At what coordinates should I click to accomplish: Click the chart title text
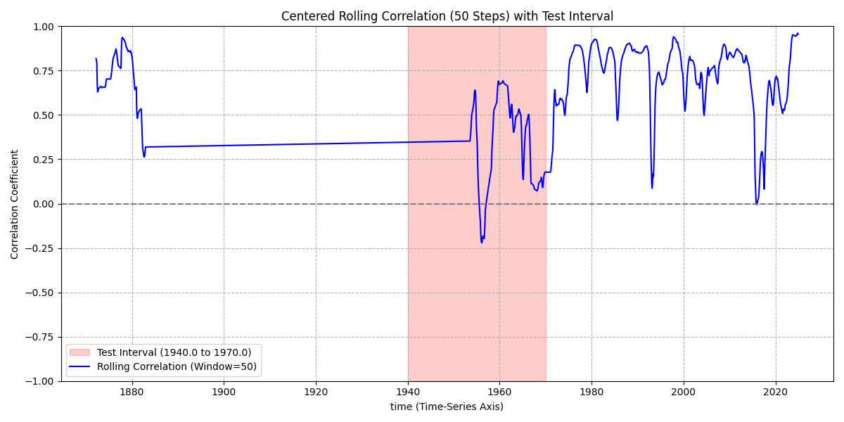pos(447,16)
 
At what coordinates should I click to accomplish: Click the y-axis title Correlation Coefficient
pos(15,204)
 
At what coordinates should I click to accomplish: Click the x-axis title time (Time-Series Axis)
pos(447,407)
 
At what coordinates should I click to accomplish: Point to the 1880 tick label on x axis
pos(132,391)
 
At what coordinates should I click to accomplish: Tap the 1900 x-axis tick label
pos(224,391)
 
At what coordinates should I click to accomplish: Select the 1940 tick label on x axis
pos(408,391)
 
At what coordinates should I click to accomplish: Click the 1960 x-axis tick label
pos(499,391)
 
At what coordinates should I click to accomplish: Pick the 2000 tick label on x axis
pos(684,391)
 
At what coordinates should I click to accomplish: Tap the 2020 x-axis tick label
pos(775,391)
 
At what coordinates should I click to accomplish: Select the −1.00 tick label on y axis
pos(41,381)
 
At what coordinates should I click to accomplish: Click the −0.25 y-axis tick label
pos(41,248)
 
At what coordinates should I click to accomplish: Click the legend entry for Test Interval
pos(174,352)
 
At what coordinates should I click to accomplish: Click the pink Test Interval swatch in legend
pos(81,352)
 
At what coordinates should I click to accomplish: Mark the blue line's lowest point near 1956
pos(482,243)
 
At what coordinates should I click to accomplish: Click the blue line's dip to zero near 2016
pos(757,204)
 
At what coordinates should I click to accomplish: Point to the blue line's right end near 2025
pos(798,34)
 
